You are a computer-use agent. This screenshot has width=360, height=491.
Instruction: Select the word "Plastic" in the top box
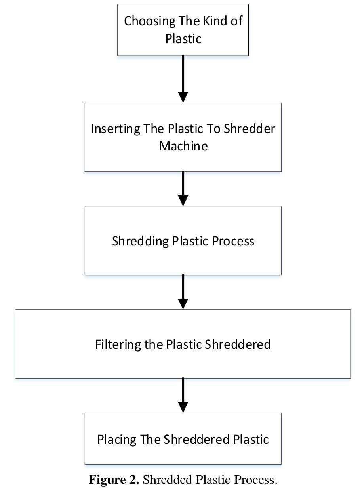(183, 38)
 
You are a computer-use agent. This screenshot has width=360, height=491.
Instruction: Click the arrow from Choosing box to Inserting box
(183, 79)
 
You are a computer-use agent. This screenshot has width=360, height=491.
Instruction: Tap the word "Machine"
(183, 146)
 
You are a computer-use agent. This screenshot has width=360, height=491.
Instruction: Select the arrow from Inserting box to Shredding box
(183, 188)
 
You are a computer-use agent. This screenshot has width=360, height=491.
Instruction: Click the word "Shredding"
(140, 241)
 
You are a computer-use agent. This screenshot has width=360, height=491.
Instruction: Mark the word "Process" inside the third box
(233, 241)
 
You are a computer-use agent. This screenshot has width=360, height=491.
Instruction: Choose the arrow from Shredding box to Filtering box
(183, 292)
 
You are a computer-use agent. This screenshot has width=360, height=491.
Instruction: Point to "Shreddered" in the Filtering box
(238, 344)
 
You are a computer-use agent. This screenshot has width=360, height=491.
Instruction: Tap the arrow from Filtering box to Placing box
(183, 395)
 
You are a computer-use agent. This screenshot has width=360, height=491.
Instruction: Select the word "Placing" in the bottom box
(117, 440)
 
